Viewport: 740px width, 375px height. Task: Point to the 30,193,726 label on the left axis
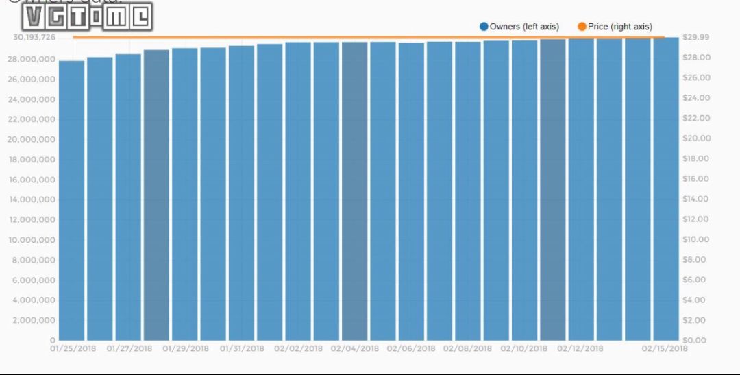34,37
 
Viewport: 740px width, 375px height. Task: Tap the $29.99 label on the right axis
697,37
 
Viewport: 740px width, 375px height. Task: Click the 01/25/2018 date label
73,348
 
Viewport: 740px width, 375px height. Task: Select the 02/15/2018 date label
665,348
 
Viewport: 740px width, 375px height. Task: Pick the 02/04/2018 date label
354,348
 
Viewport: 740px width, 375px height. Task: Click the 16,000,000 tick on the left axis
34,180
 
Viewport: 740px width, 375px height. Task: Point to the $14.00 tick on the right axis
697,199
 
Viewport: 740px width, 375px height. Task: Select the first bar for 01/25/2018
71,200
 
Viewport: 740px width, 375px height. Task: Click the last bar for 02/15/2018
665,189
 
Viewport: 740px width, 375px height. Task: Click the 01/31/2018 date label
242,348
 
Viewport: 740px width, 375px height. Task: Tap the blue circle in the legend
484,27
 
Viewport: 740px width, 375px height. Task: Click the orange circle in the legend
582,27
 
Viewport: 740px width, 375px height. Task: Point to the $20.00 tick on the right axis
697,138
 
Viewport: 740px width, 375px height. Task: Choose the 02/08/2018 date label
467,348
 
